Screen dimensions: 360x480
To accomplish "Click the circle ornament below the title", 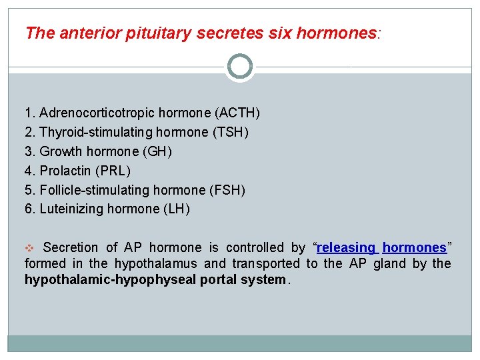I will tap(240, 67).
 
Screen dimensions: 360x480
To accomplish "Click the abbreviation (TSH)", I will tap(230, 133).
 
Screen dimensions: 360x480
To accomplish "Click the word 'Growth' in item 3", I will tap(60, 152).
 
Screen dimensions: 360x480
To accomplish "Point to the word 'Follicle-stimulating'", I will tap(91, 191).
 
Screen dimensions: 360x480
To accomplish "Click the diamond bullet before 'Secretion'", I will tap(29, 248).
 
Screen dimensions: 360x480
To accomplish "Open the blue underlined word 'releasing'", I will tap(347, 248).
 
